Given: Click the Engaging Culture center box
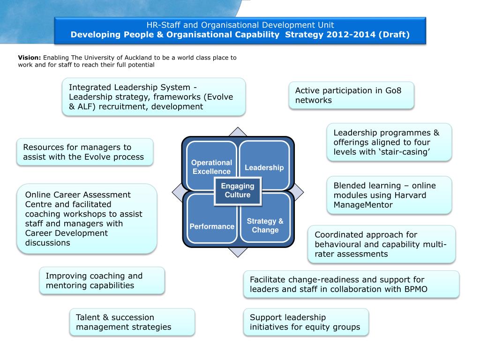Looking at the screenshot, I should pos(238,190).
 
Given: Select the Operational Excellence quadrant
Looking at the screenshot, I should pos(211,167).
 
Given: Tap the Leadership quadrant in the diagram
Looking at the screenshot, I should pos(264,167).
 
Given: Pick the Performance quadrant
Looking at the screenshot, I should pos(212,226).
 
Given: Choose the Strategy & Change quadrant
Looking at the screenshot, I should pos(265,225).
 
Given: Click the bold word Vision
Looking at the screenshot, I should pos(30,58).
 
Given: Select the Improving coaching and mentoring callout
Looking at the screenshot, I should pos(102,280).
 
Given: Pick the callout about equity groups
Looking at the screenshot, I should pos(306,322).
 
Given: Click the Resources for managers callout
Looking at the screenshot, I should pos(84,152).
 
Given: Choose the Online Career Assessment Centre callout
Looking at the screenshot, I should pos(87,218).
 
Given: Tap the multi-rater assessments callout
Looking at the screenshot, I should pos(381,244).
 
